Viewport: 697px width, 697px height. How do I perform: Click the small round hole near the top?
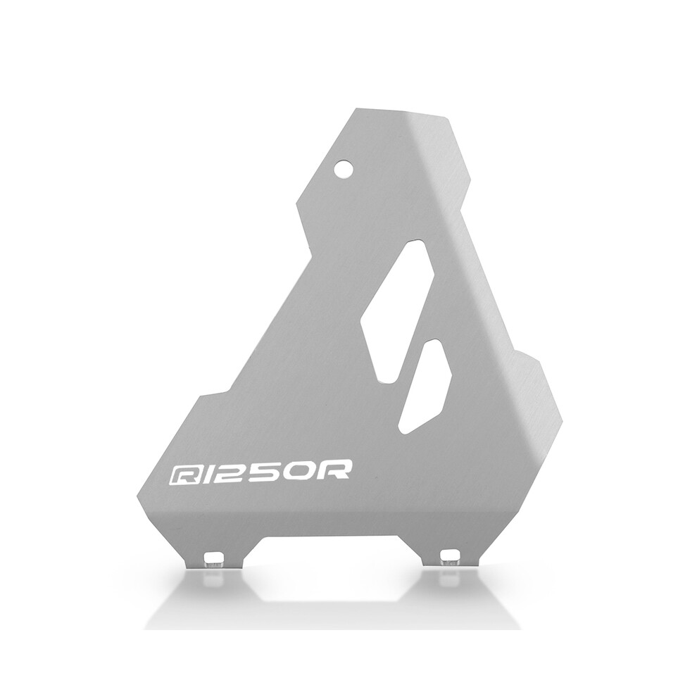(345, 169)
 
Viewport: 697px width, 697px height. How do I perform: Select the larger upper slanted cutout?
(397, 311)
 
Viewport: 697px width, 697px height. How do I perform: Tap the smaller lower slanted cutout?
(425, 387)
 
